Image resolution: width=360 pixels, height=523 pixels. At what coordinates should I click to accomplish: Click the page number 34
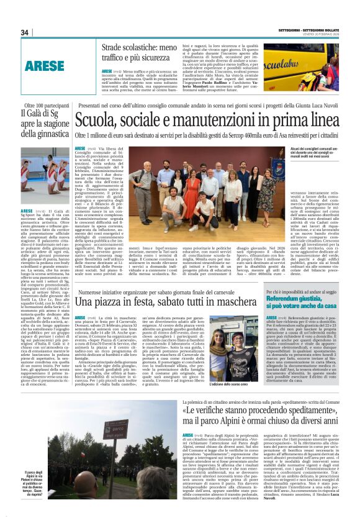[25, 33]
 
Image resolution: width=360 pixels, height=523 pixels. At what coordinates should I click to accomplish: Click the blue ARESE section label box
[45, 64]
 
